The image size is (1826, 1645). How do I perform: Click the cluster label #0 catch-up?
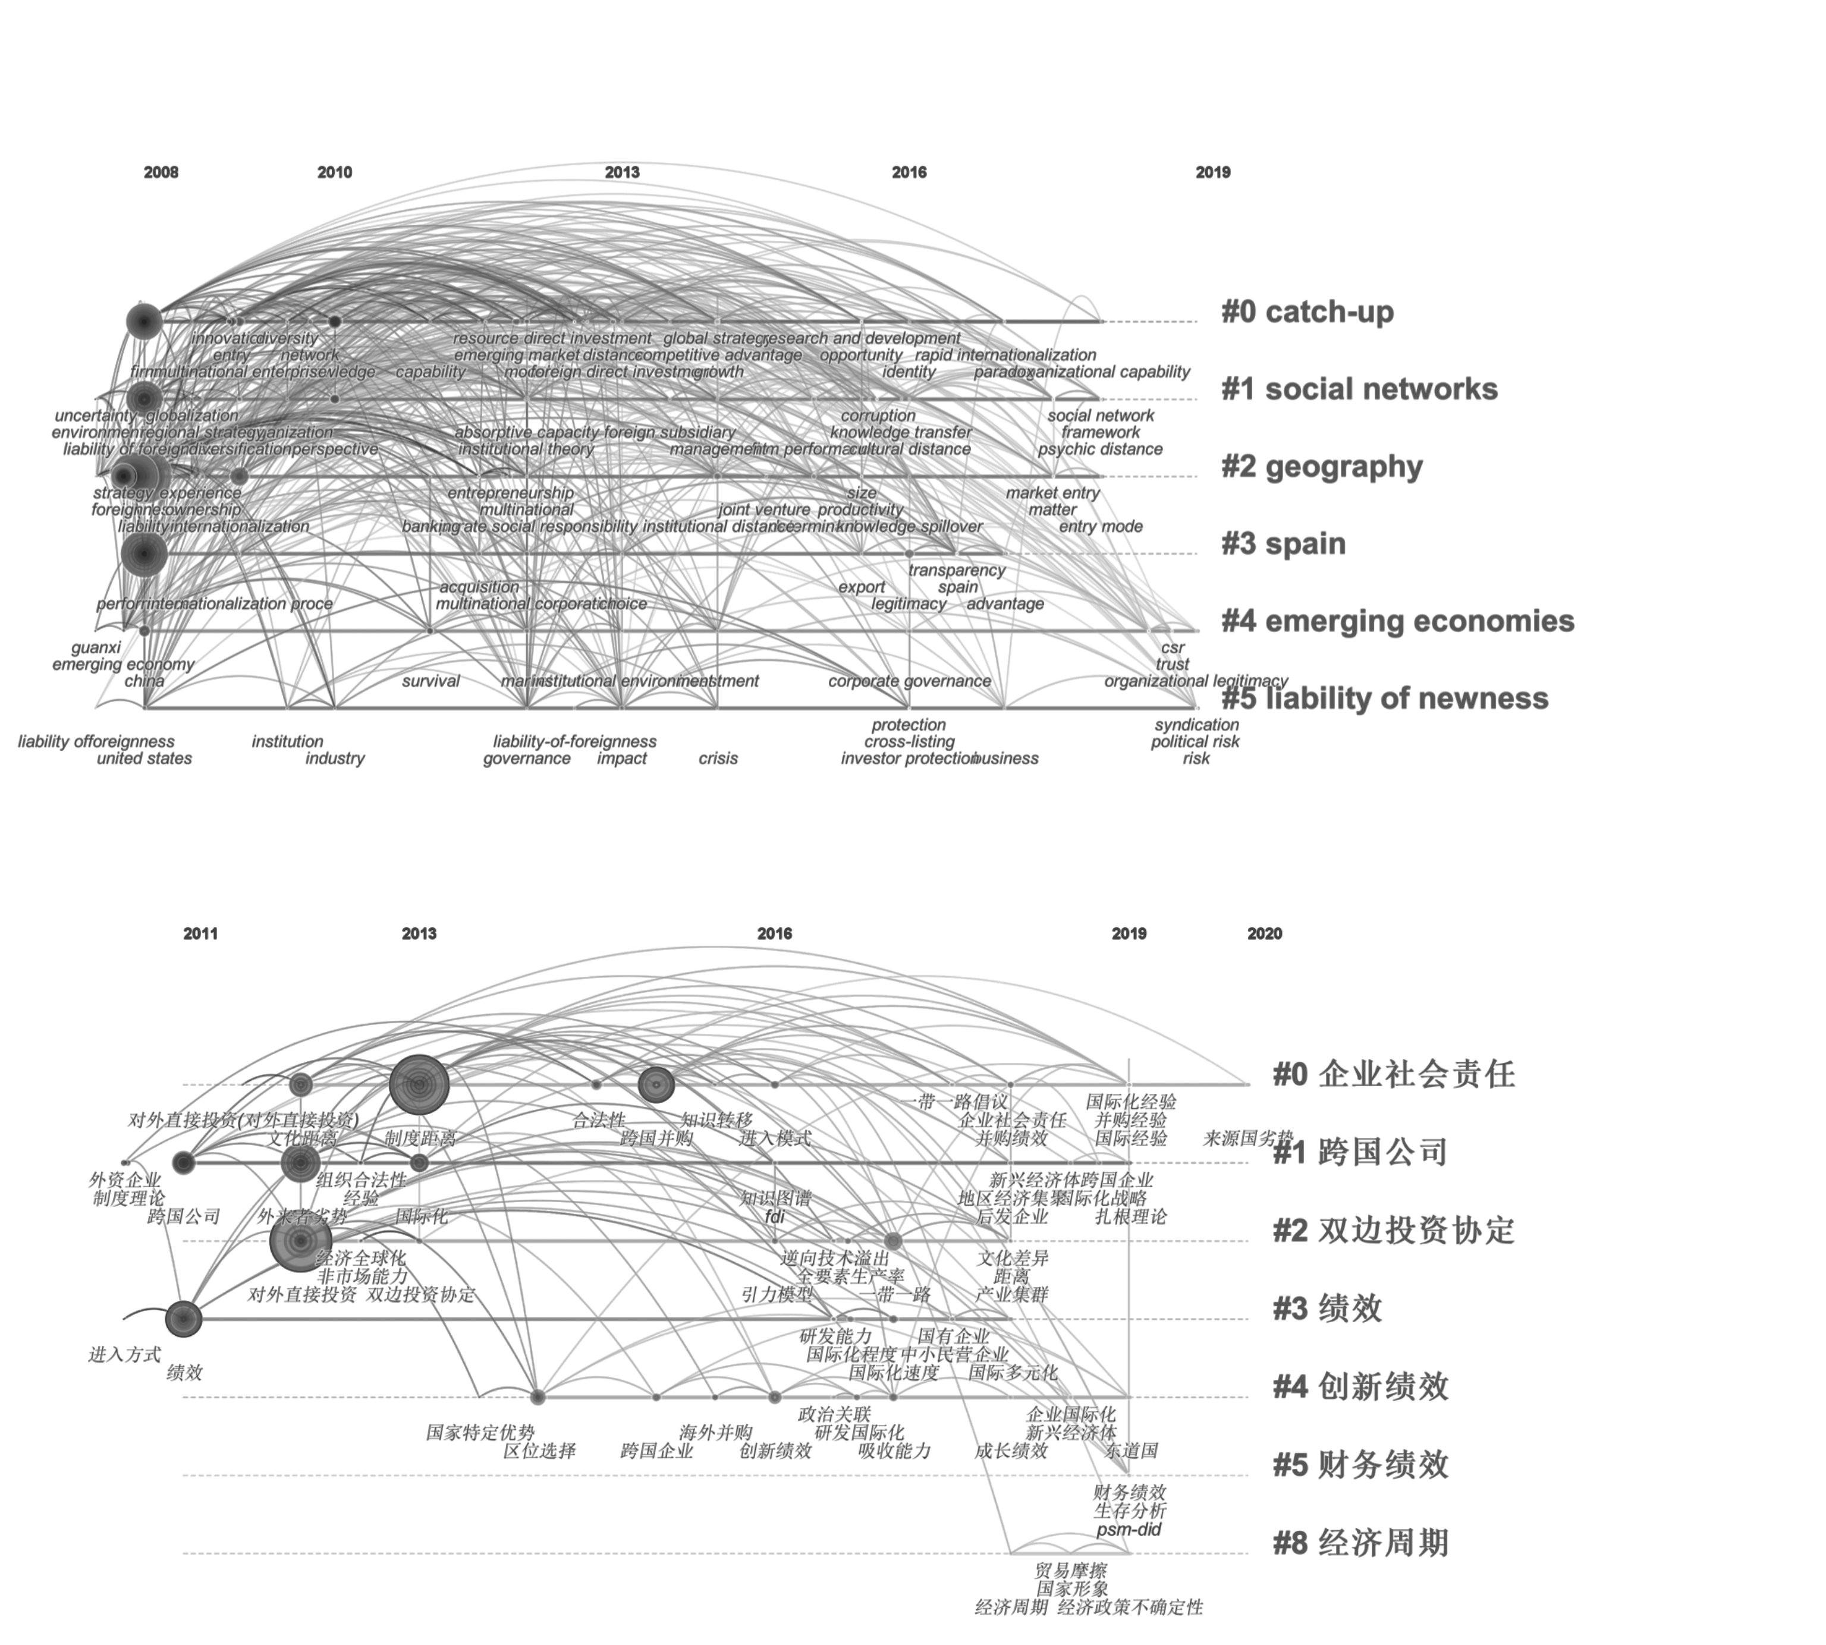1306,312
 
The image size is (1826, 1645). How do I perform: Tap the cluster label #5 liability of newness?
1384,698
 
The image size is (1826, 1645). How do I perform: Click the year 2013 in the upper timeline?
622,172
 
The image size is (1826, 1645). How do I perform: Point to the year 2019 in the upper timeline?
1212,172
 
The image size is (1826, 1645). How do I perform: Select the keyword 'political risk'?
1195,741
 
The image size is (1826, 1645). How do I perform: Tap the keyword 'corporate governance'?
909,681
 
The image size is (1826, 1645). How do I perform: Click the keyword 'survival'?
430,681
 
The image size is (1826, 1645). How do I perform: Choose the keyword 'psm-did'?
1128,1529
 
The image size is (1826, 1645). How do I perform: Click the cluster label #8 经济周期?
1360,1542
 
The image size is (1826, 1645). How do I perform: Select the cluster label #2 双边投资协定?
1392,1230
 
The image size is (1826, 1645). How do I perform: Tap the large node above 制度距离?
419,1084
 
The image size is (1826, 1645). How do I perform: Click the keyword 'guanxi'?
96,647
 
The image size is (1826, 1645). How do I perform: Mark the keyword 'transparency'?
956,570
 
